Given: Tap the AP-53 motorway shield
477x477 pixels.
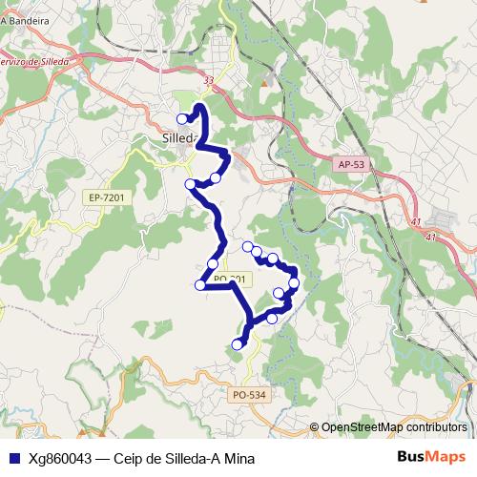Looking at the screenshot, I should [351, 164].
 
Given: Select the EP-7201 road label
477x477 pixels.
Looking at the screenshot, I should [106, 197].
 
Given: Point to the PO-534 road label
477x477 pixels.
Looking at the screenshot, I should [248, 393].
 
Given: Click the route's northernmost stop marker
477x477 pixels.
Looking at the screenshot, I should [183, 118].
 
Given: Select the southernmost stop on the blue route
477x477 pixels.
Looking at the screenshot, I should [238, 344].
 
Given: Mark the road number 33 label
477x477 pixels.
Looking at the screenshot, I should [209, 81].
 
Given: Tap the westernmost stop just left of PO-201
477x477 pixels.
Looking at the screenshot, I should [200, 284].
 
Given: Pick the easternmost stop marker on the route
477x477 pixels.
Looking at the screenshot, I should [294, 282].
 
